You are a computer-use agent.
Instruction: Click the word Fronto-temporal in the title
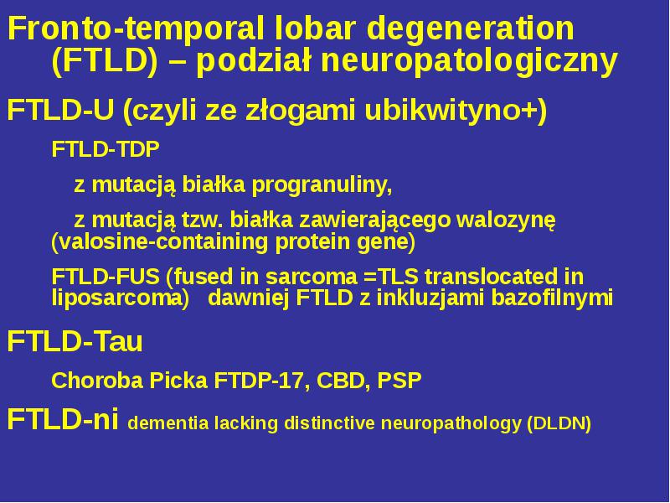click(136, 29)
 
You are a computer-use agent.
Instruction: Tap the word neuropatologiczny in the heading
click(469, 62)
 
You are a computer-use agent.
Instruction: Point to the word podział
click(254, 60)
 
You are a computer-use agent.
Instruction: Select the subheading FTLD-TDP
click(106, 150)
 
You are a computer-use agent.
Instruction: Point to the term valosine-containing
click(159, 242)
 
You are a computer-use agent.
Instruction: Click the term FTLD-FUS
click(106, 277)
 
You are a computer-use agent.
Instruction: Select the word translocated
click(488, 277)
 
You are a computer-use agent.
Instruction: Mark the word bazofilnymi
click(552, 298)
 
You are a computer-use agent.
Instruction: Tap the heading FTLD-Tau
click(75, 341)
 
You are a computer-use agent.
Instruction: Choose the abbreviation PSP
click(399, 381)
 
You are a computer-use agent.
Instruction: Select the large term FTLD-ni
click(63, 419)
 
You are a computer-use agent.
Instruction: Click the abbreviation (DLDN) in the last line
click(559, 423)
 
